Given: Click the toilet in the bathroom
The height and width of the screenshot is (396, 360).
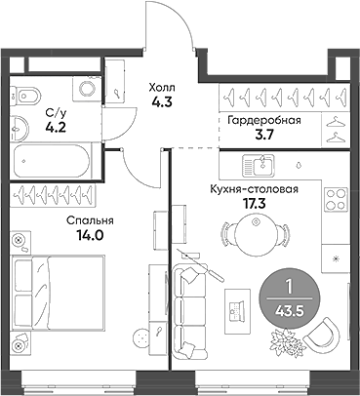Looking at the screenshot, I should [24, 96].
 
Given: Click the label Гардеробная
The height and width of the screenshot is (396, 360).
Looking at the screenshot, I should [263, 120].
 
